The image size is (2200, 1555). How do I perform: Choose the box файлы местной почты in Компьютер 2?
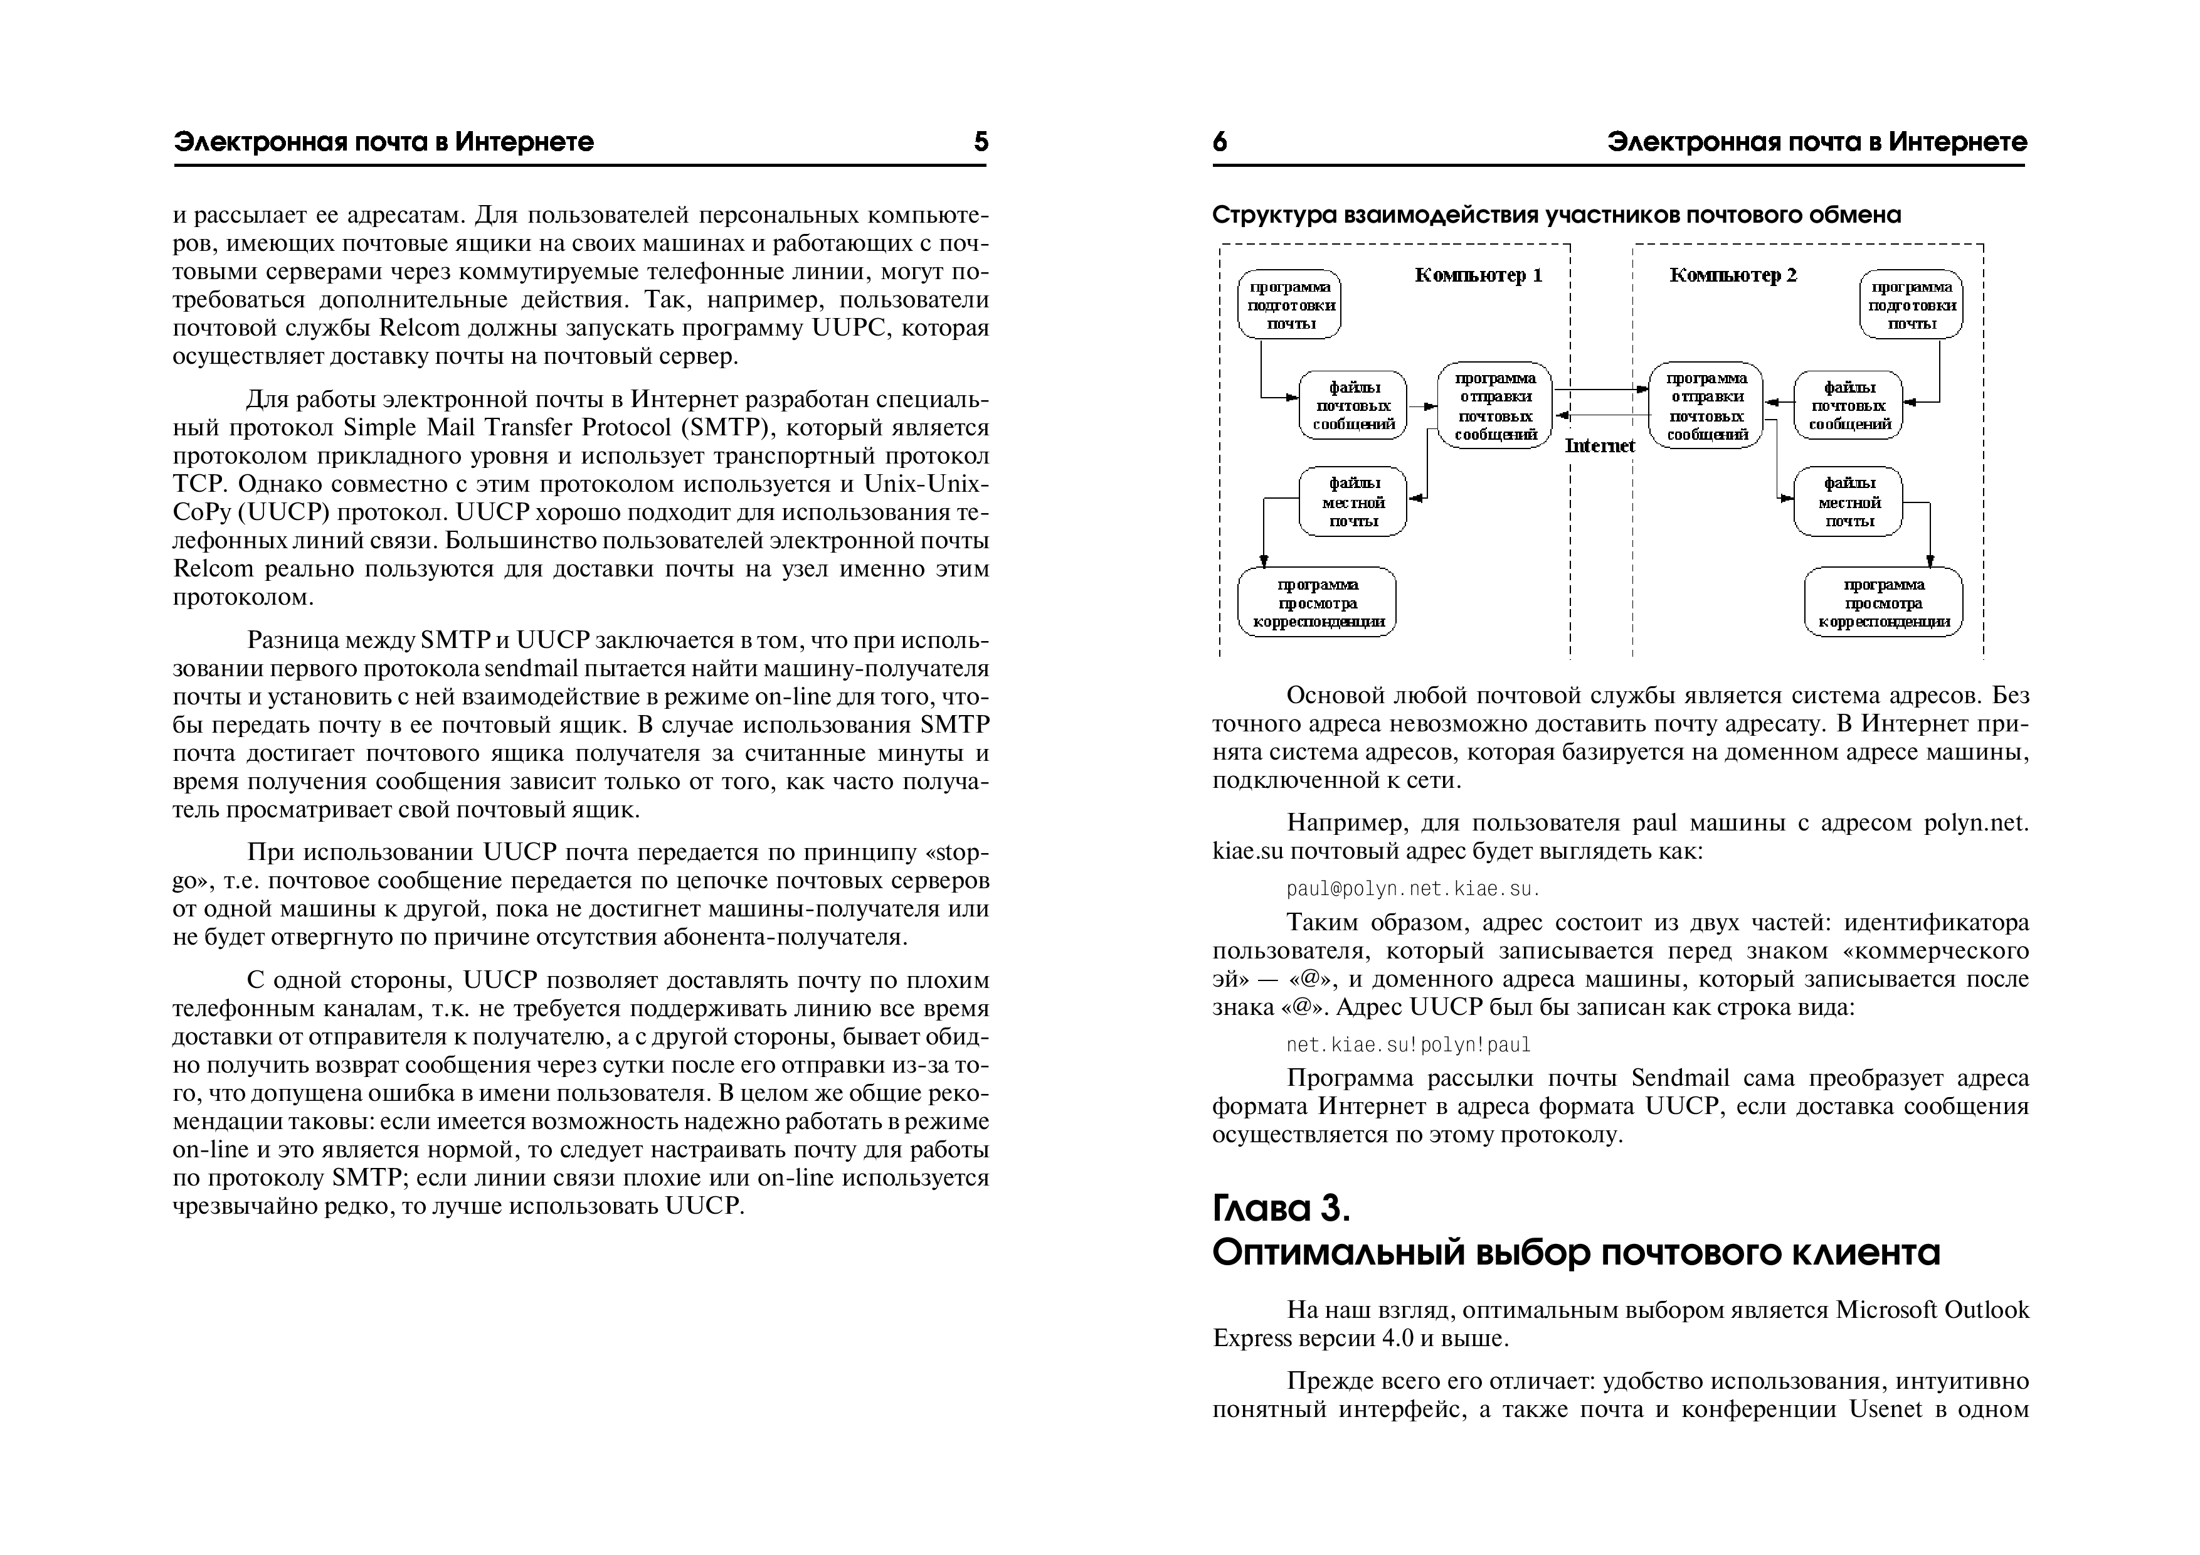click(1848, 502)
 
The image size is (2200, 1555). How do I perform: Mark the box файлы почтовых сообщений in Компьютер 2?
click(1848, 405)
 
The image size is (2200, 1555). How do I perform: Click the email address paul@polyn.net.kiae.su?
click(1412, 889)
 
